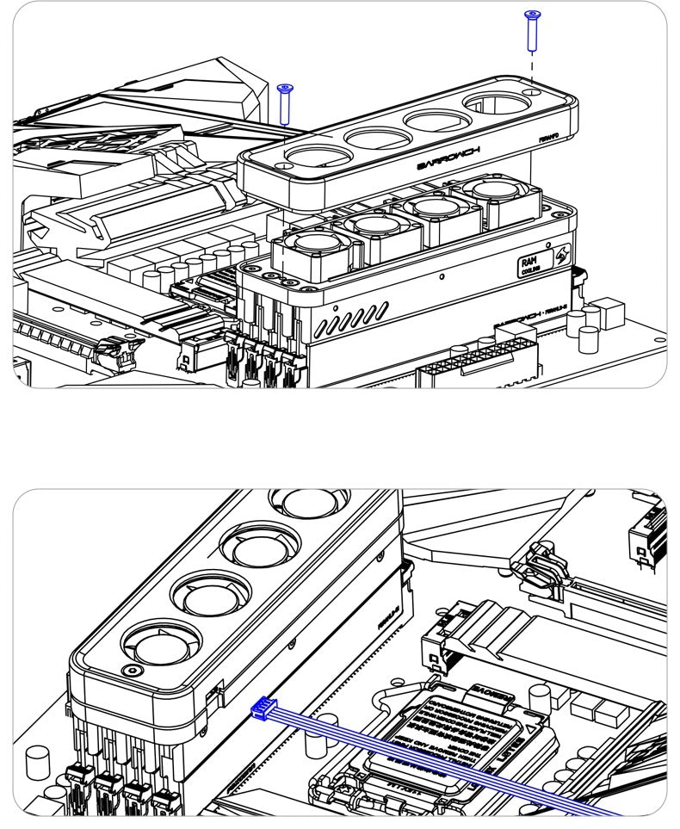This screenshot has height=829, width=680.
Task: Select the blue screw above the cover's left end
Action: [x=285, y=103]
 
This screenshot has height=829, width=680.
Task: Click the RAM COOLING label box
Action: [x=530, y=264]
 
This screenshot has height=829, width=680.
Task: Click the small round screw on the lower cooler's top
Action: [x=131, y=670]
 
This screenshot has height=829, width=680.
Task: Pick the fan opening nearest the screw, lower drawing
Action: [x=156, y=641]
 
